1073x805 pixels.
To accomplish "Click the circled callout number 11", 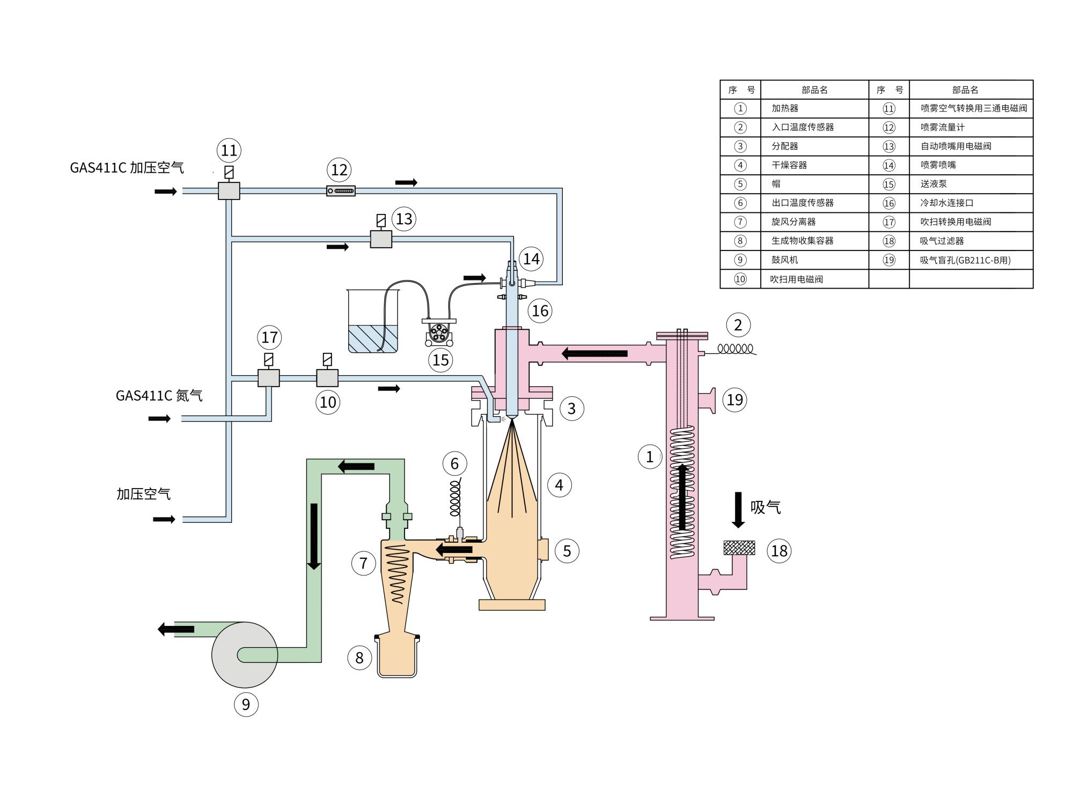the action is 229,150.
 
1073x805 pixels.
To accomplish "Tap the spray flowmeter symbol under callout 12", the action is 341,190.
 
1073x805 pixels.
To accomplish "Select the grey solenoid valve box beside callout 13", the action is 381,239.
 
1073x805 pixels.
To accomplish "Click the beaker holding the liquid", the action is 373,321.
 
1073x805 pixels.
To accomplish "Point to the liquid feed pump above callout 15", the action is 439,332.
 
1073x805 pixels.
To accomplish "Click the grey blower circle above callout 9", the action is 245,655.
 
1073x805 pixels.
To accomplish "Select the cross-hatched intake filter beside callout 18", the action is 739,548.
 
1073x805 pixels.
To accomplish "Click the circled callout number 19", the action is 735,400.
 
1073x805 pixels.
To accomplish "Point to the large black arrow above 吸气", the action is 738,509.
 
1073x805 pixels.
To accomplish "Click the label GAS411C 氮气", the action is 159,396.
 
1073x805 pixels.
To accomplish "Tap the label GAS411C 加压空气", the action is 127,168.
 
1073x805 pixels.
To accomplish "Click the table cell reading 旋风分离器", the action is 793,221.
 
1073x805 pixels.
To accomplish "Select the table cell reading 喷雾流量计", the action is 943,127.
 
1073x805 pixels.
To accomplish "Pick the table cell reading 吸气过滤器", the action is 942,241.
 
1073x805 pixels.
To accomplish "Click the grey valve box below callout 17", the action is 269,378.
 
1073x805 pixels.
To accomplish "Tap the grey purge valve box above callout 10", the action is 327,378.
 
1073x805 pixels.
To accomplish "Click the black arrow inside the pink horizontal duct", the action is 594,353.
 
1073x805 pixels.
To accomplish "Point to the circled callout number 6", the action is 454,463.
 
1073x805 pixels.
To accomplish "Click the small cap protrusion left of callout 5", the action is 544,549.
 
